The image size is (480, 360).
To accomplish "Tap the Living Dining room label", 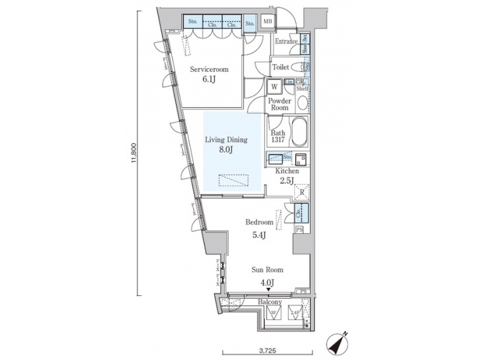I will tap(227, 140).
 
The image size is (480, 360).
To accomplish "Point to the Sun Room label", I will tap(267, 270).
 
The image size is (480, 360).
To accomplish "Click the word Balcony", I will tap(269, 302).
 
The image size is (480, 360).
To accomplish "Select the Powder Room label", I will tap(279, 105).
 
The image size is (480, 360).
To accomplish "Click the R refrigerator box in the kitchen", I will tap(301, 193).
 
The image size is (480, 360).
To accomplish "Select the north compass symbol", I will tap(339, 343).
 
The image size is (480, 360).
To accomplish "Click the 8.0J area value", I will tap(227, 151).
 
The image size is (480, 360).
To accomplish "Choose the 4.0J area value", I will tap(267, 282).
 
